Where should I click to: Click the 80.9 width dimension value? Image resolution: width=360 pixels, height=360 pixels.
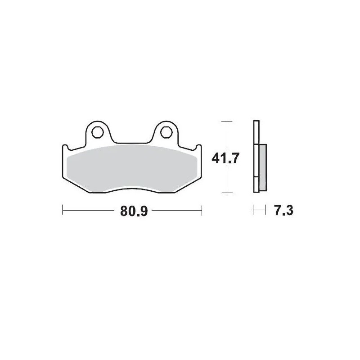coord(134,211)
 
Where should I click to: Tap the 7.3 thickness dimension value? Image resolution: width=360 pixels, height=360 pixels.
coord(283,210)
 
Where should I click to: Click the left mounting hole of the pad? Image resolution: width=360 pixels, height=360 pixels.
coord(97,132)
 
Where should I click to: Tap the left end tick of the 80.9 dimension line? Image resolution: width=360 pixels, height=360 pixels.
coord(62,210)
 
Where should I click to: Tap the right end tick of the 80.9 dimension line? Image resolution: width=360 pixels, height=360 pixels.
coord(202,210)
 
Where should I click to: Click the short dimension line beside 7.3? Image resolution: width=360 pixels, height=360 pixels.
coord(258,210)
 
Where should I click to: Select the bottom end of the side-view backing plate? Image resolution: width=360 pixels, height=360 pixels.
coord(256,191)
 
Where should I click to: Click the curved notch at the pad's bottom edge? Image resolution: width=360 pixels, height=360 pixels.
coord(131,188)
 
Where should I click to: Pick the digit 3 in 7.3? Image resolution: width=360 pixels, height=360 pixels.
coord(289,210)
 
